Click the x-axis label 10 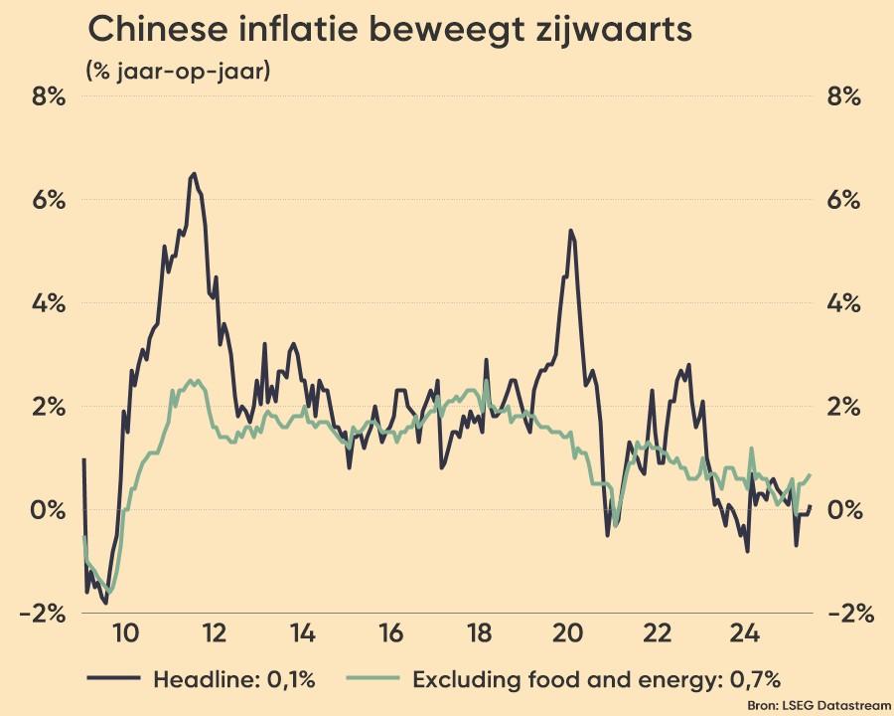(x=125, y=633)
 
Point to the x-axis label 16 (x=390, y=633)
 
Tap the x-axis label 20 (x=567, y=633)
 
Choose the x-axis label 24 (x=744, y=633)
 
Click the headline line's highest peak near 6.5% (x=193, y=174)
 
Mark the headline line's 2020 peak (x=570, y=231)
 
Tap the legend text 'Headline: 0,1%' (x=234, y=680)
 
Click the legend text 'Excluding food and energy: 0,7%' (x=596, y=680)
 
